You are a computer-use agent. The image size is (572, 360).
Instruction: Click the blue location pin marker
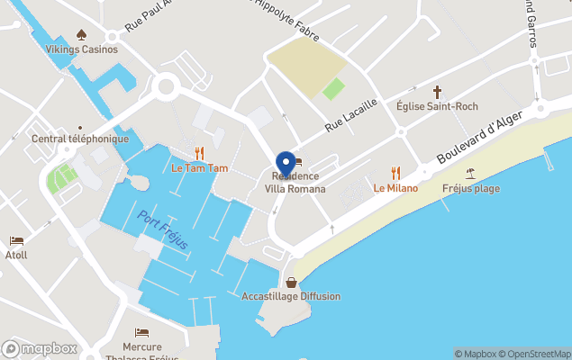[286, 164]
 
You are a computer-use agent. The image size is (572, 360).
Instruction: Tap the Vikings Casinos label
[82, 49]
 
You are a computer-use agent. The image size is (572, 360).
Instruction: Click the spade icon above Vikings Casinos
[82, 35]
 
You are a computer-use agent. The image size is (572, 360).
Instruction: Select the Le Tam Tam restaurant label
[200, 168]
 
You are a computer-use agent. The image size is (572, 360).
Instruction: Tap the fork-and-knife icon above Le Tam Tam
[200, 153]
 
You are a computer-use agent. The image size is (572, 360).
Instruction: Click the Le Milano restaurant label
[395, 188]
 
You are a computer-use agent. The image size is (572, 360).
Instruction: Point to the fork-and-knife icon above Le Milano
[395, 173]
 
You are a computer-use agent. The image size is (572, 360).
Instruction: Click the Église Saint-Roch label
[437, 106]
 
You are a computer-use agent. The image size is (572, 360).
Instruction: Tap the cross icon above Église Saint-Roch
[438, 91]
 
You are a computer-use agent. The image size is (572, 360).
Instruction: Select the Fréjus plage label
[471, 189]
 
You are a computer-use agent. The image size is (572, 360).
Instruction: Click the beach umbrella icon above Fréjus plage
[470, 174]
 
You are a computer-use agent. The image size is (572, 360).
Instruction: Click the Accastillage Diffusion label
[291, 296]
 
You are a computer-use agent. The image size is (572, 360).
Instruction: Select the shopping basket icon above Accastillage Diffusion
[291, 282]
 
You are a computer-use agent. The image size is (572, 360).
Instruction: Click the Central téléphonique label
[80, 139]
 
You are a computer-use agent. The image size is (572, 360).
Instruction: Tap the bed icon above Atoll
[16, 241]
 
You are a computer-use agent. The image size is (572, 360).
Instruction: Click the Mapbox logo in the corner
[40, 348]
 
